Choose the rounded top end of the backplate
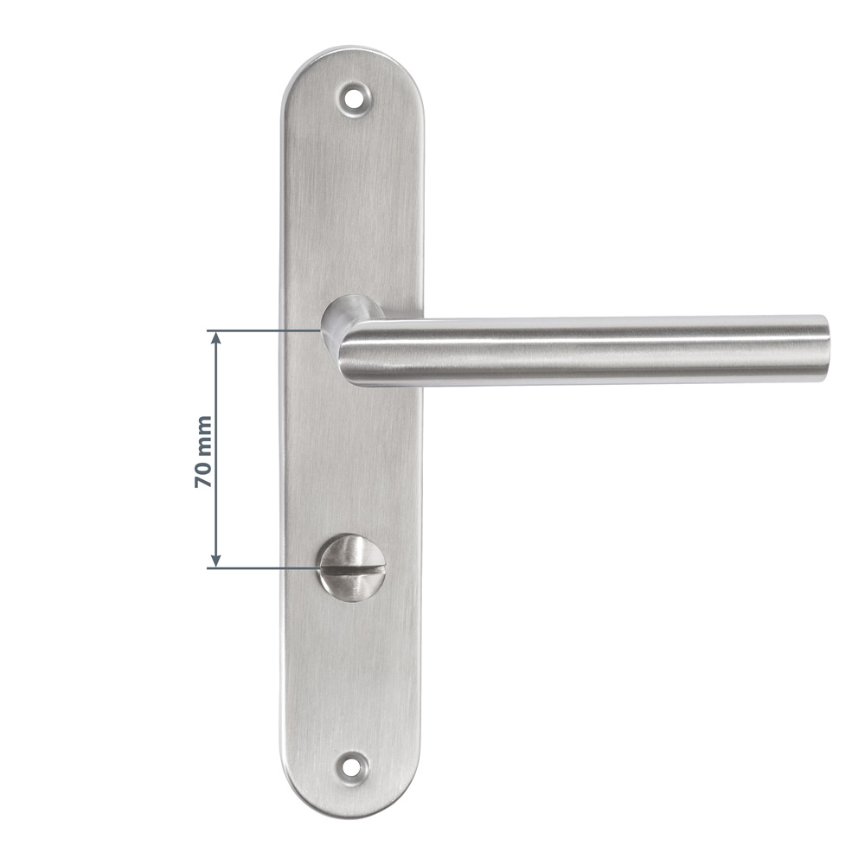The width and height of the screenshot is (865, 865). point(353,61)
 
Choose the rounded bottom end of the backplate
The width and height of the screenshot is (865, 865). point(353,800)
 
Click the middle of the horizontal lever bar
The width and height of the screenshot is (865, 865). point(588,349)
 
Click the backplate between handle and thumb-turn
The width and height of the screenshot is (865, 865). point(353,458)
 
